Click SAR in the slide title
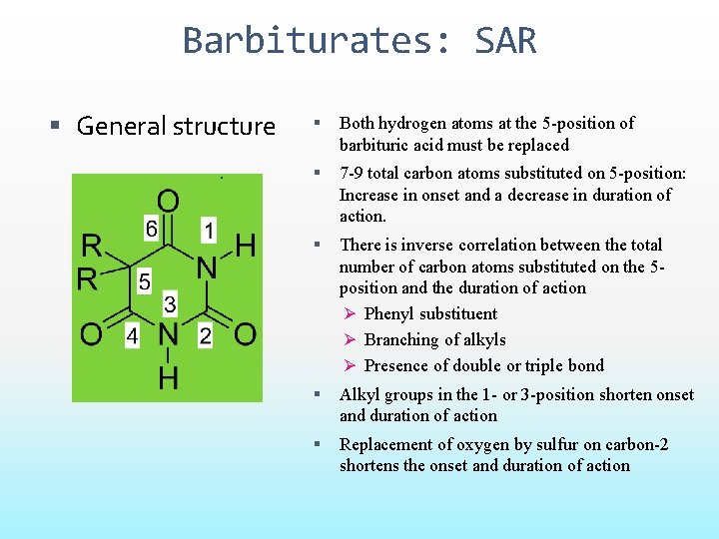click(x=505, y=41)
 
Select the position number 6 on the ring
click(x=151, y=230)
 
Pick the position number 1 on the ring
click(x=208, y=230)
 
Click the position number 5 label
click(x=144, y=283)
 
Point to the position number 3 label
click(x=170, y=304)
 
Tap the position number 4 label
click(x=132, y=336)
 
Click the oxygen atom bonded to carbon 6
click(x=168, y=202)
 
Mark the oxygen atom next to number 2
click(x=245, y=334)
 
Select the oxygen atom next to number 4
click(x=92, y=334)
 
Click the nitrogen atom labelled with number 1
click(x=207, y=268)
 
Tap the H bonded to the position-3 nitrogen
click(x=168, y=377)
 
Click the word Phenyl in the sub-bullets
click(x=389, y=313)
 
